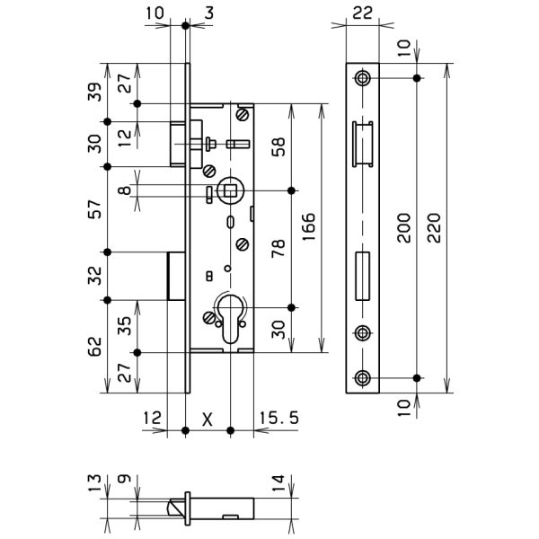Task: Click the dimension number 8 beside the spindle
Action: point(125,190)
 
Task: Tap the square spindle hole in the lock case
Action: point(229,190)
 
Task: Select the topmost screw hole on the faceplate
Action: point(362,78)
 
